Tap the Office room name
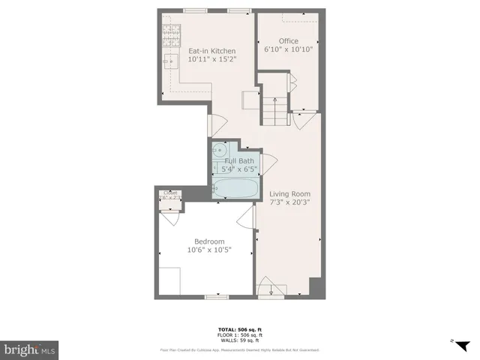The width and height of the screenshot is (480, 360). pos(289,40)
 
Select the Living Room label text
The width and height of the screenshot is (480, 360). pos(290,193)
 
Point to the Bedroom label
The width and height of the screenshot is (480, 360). pos(209,241)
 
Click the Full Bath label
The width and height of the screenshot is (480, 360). pos(239,160)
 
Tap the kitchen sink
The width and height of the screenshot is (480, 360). pos(170,61)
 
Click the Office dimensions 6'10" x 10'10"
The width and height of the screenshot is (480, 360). pos(289,49)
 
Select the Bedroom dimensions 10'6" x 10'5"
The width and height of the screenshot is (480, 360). pos(209,250)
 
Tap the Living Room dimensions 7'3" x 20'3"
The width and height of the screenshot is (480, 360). pos(290,202)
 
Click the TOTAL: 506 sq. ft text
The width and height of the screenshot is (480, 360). pos(239,330)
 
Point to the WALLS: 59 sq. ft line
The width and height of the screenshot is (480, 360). pos(239,340)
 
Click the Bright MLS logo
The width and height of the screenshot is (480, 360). pos(30,349)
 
